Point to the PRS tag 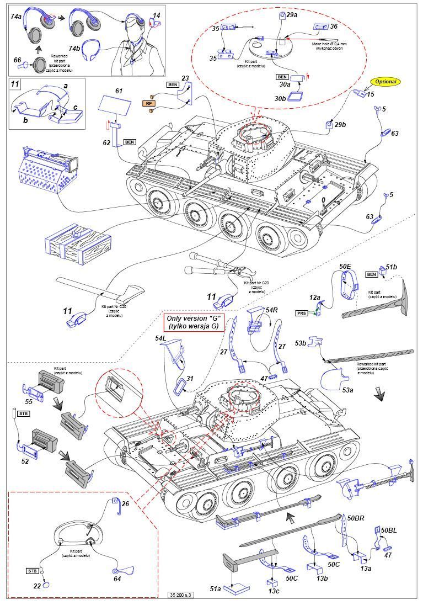(x=301, y=312)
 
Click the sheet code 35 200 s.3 (x=186, y=595)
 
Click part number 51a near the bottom (x=215, y=589)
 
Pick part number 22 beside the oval (x=37, y=586)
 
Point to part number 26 (x=125, y=503)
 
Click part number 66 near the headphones (x=17, y=60)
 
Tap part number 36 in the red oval (x=334, y=26)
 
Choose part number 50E (x=345, y=267)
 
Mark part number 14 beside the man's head (x=157, y=16)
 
